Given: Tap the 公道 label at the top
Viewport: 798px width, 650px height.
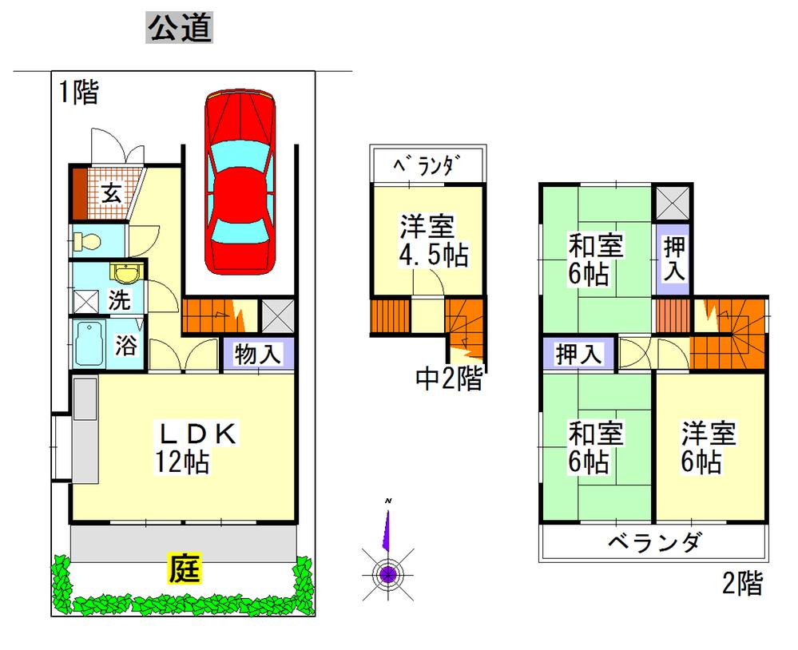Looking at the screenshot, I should [179, 30].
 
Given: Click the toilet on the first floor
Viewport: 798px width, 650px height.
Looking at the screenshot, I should [89, 238].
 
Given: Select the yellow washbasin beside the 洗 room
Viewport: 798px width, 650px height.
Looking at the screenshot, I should [126, 275].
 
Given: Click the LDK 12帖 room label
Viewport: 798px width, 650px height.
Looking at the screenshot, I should [196, 447].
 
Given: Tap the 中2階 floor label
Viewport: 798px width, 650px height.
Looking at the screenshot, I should [449, 378].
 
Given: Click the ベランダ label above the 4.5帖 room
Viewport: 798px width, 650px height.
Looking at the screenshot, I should [427, 166].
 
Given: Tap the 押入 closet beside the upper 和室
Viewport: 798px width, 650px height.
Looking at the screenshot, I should [674, 258].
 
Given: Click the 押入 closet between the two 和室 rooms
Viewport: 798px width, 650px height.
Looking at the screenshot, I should [579, 354].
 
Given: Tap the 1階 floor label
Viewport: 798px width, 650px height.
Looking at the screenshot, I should [77, 93].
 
